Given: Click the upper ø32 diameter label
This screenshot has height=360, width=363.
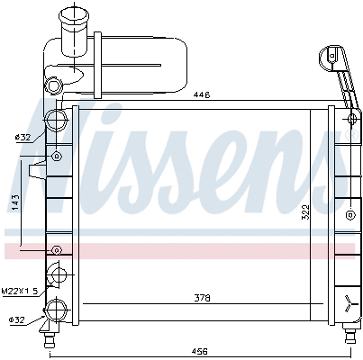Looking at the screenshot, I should pos(23,137).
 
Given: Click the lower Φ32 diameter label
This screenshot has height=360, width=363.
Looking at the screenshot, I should pos(19,319).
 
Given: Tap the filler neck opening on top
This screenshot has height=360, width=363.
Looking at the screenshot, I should pos(69,13).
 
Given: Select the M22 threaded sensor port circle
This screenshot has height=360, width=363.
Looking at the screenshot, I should pos(57,276).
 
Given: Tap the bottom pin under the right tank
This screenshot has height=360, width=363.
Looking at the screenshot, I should pos(347,337).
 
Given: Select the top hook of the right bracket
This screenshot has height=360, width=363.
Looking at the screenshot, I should pos(331,54).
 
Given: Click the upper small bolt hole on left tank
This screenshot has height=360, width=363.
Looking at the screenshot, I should pos(57,156).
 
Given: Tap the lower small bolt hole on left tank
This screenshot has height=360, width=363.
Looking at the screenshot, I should pos(57,249).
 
